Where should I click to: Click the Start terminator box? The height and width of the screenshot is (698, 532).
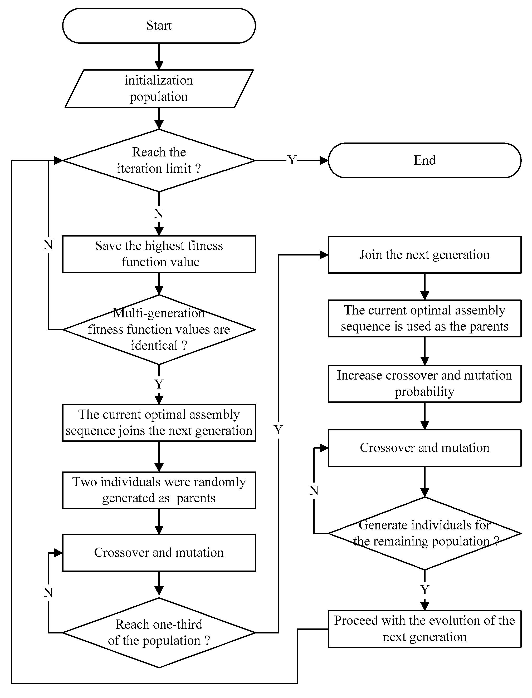click(159, 26)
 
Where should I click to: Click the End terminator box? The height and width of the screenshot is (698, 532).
click(424, 160)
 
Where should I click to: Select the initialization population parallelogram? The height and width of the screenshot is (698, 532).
click(159, 89)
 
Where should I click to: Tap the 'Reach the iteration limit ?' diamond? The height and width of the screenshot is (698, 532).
click(159, 160)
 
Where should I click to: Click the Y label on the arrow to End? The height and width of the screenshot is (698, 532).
click(292, 160)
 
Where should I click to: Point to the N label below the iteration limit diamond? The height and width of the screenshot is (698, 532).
click(159, 214)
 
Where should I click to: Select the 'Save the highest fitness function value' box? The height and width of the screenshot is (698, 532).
click(159, 254)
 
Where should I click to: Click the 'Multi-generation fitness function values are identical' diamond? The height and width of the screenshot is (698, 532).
click(159, 330)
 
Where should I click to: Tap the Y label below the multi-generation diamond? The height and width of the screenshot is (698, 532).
click(159, 384)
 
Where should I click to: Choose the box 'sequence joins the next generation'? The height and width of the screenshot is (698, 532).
click(159, 423)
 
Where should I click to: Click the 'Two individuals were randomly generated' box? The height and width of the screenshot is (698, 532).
click(159, 490)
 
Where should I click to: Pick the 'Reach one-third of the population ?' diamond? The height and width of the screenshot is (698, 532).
click(159, 632)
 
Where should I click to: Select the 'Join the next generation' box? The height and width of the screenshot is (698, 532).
click(424, 255)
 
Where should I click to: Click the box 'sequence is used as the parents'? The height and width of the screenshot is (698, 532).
click(424, 318)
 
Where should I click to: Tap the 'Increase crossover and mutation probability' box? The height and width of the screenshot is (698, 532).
click(424, 384)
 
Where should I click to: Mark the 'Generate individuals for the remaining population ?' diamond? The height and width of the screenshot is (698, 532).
click(424, 533)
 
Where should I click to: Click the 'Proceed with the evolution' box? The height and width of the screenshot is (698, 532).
click(424, 629)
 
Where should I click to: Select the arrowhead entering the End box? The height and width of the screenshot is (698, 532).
click(324, 160)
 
